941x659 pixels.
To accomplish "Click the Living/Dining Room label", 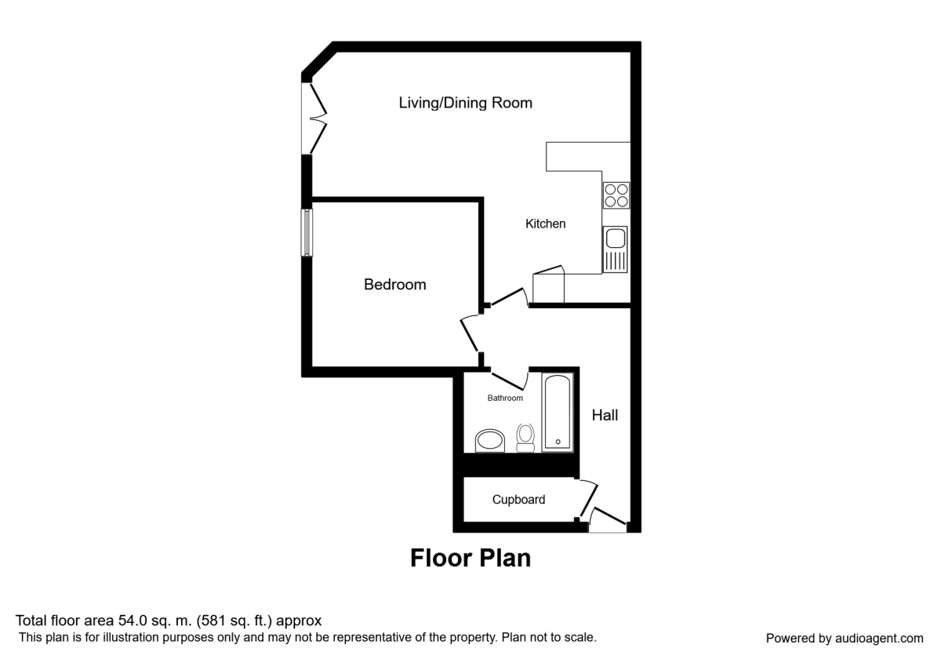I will tap(465, 103).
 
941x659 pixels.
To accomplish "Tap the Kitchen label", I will tap(545, 224).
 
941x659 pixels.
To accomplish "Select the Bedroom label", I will tap(394, 284).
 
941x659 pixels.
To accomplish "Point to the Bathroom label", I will tap(505, 399).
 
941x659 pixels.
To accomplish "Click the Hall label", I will tap(605, 415).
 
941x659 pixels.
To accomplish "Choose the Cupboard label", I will tap(518, 500).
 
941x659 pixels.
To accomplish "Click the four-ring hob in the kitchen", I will tap(616, 195).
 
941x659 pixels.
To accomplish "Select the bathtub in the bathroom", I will tap(558, 412).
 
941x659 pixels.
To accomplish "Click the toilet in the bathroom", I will tap(525, 437).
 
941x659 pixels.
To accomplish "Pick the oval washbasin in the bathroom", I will tap(492, 441).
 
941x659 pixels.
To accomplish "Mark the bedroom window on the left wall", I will tap(307, 232).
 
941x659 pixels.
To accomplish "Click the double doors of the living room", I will tap(316, 118).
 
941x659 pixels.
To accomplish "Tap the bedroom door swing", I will tap(470, 333).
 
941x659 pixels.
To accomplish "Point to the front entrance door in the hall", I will tap(609, 520).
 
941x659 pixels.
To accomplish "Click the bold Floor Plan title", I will tap(470, 558).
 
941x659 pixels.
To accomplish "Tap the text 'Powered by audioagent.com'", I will tap(845, 638).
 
